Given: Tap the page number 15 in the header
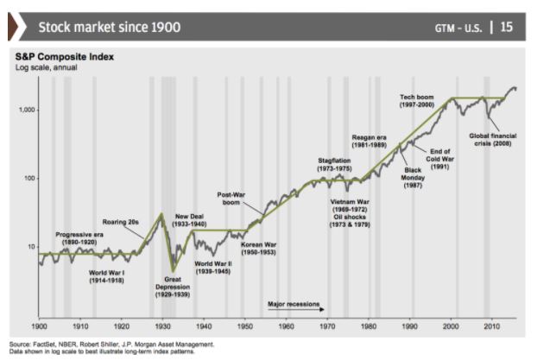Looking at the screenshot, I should [506, 27].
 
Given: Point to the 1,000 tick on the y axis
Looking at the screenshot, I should [27, 110].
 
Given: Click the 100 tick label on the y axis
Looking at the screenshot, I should [29, 178].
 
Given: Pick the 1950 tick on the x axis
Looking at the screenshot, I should [245, 328].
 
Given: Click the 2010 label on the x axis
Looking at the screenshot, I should [492, 328].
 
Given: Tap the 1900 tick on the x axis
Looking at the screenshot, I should [40, 328].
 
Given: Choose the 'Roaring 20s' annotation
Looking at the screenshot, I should [121, 222].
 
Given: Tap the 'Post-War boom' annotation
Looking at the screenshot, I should [231, 199].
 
